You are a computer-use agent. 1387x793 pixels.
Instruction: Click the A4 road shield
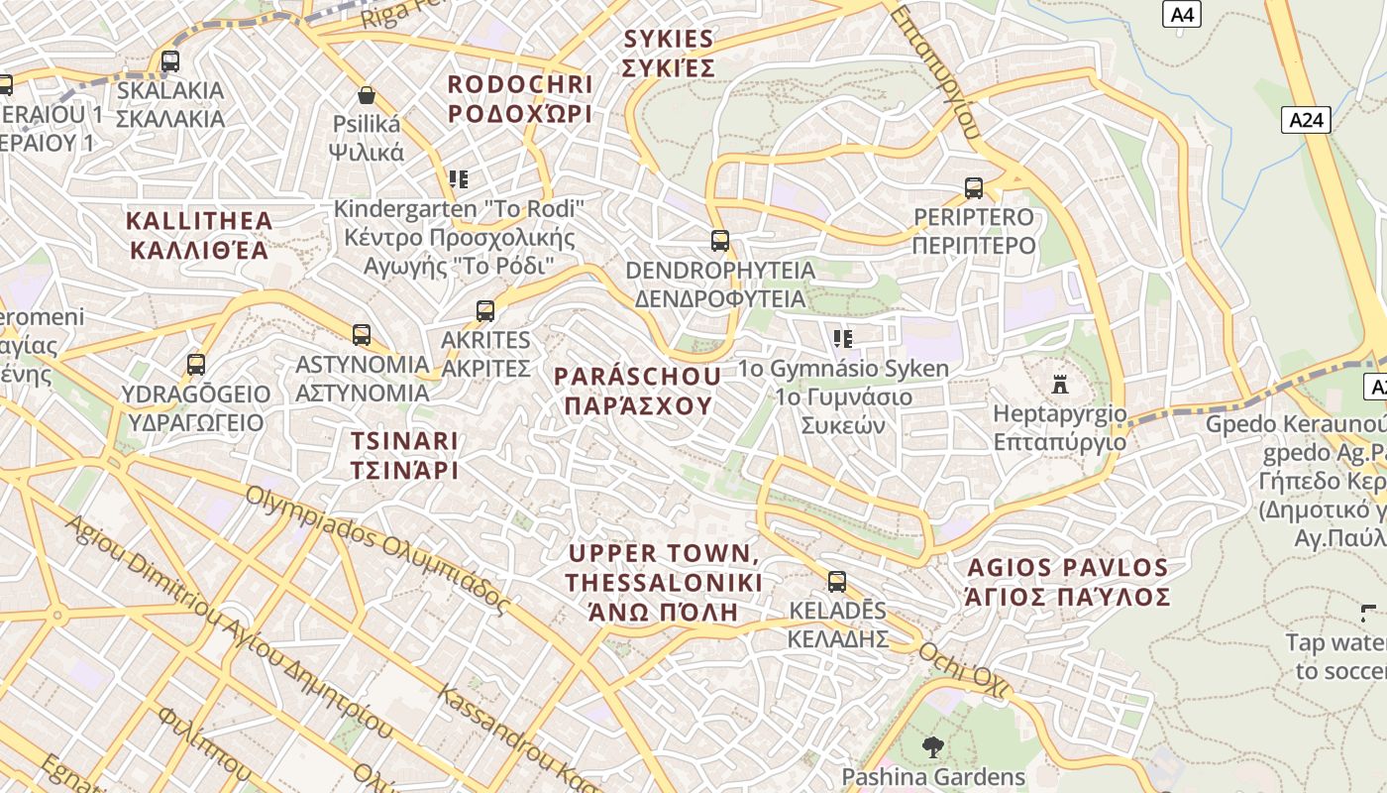click(x=1181, y=14)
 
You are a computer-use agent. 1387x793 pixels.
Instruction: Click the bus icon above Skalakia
click(x=170, y=61)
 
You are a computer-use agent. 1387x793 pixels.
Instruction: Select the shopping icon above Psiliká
click(x=367, y=95)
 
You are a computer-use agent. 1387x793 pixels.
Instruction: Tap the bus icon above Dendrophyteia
click(x=720, y=241)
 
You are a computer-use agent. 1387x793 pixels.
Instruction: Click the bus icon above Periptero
click(x=974, y=188)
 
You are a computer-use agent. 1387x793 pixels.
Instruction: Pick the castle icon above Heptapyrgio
click(x=1060, y=384)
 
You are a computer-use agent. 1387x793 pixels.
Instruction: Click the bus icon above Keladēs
click(x=837, y=582)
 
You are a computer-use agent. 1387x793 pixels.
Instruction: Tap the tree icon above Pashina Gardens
click(x=932, y=746)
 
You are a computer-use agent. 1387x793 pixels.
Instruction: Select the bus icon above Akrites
click(x=485, y=311)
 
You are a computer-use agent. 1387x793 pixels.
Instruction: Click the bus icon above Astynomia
click(x=362, y=335)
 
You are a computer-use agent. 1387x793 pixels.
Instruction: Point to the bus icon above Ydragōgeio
click(x=196, y=365)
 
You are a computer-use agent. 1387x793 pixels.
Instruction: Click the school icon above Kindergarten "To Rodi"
click(x=458, y=179)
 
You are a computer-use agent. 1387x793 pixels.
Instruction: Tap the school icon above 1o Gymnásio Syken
click(x=843, y=339)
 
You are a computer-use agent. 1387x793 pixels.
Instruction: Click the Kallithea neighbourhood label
click(x=199, y=234)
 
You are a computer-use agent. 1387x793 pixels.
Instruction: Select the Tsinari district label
click(x=404, y=455)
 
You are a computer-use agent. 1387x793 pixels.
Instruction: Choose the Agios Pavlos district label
click(x=1068, y=582)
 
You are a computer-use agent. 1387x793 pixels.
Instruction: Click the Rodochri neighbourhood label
click(x=520, y=99)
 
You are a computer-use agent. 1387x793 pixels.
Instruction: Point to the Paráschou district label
click(x=637, y=391)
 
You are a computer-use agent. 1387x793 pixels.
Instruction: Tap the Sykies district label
click(x=669, y=54)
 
